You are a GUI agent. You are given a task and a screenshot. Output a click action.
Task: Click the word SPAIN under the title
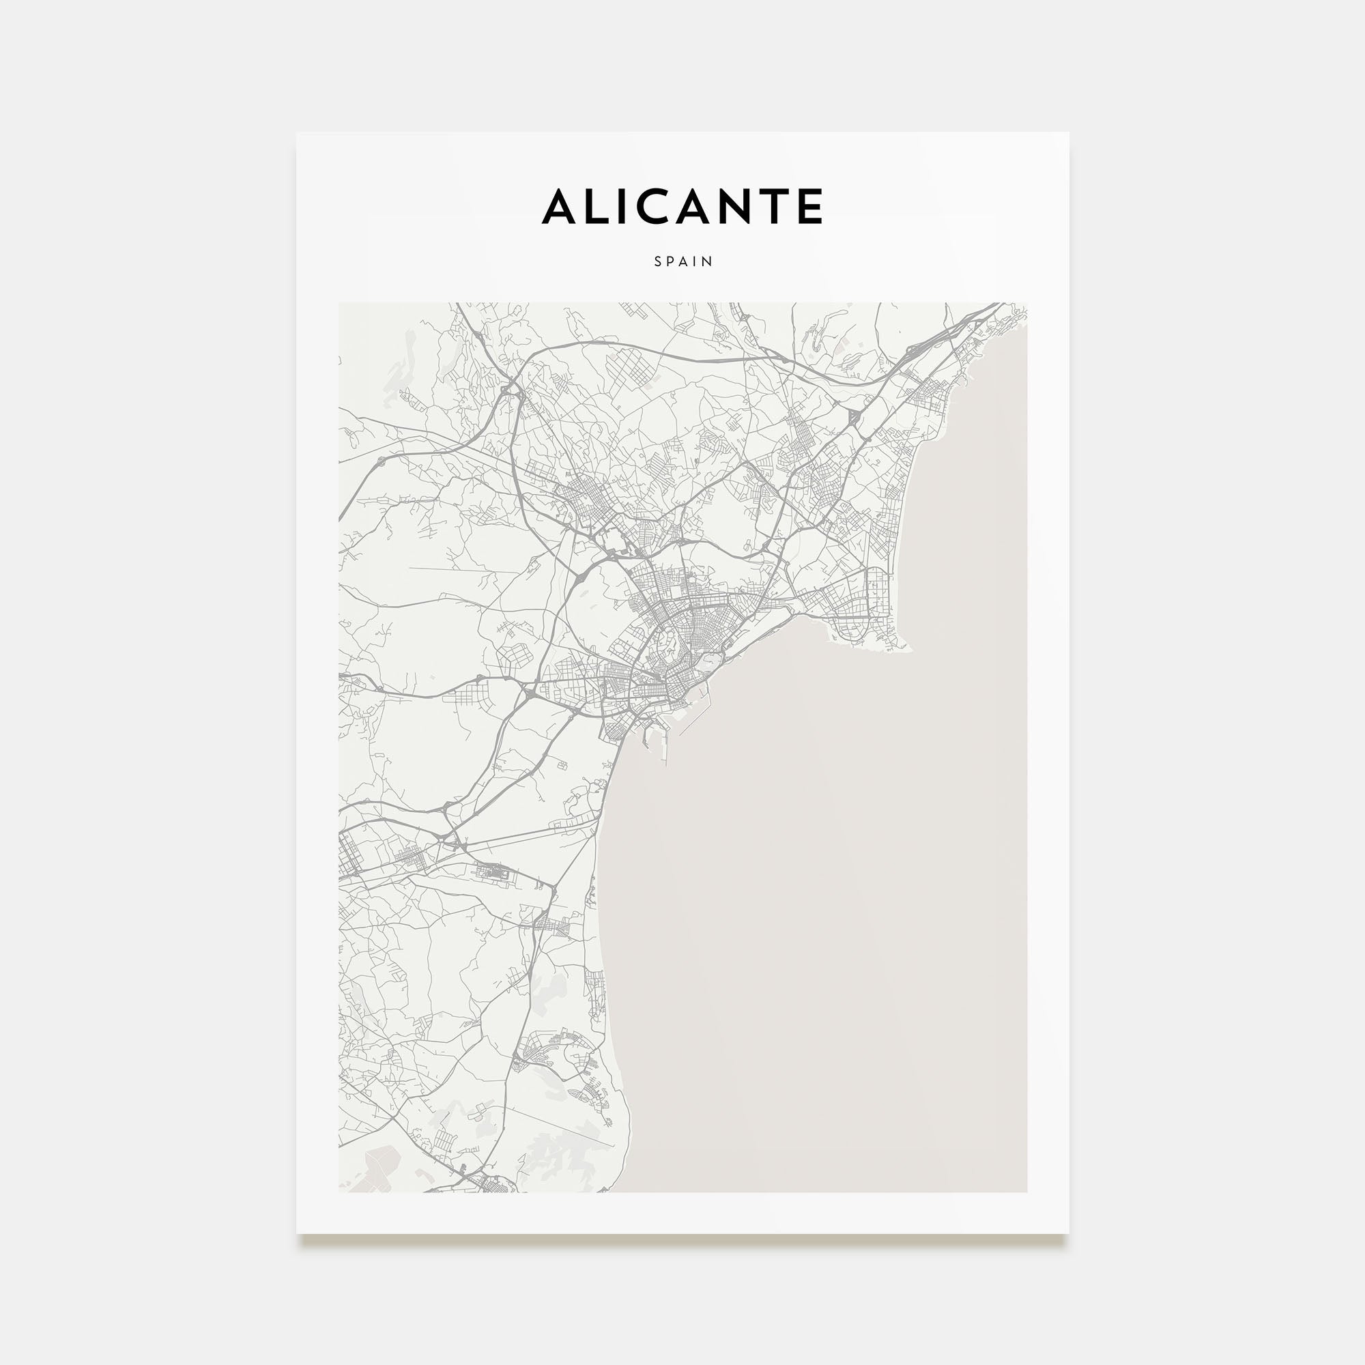point(683,261)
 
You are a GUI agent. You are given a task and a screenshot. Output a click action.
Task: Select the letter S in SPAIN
point(658,261)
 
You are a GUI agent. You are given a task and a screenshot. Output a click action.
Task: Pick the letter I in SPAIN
point(696,261)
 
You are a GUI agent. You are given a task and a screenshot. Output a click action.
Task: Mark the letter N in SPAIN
point(708,261)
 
